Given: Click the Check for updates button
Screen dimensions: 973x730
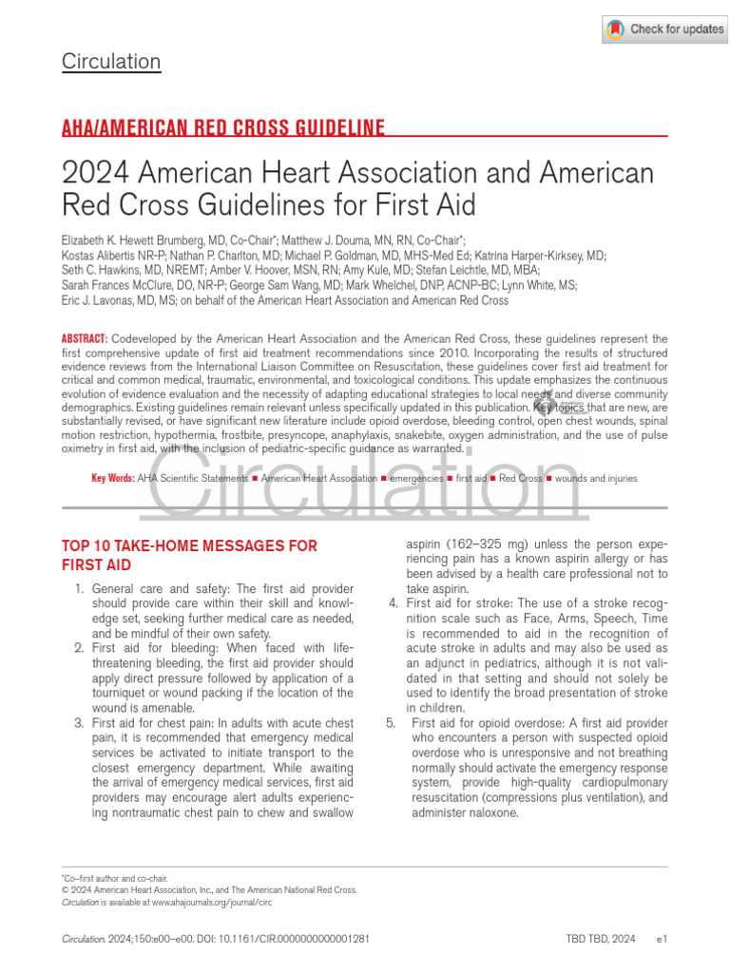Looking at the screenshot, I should (664, 29).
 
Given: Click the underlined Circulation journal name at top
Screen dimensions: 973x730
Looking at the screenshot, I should (111, 63).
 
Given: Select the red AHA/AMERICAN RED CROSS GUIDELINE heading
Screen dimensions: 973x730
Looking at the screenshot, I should (223, 128).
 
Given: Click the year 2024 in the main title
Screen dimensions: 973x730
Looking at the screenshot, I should (95, 174).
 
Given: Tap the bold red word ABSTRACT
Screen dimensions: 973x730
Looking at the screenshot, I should (85, 339).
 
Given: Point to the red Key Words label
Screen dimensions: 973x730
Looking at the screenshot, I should (112, 479).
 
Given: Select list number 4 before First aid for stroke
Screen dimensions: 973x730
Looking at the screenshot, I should (394, 603).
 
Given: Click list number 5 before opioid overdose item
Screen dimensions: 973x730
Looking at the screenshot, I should (391, 723).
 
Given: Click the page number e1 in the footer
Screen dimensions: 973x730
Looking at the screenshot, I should (663, 940).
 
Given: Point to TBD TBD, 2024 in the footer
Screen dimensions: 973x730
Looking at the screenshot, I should (601, 940).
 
